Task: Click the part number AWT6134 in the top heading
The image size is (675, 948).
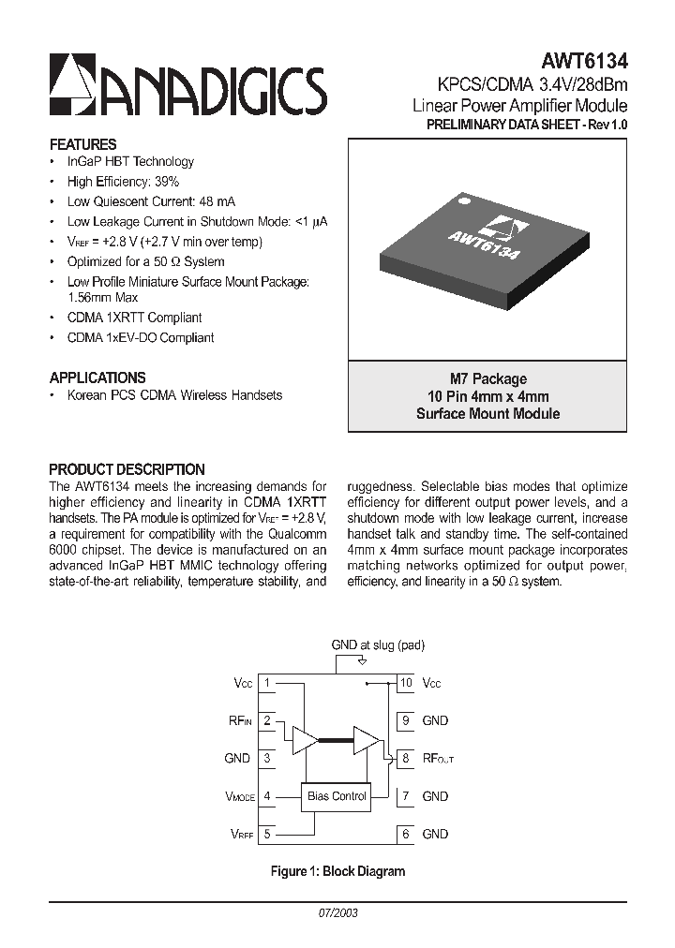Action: (x=584, y=62)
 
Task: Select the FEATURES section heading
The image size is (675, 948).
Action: (x=82, y=144)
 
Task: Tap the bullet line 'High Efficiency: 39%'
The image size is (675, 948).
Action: (x=123, y=182)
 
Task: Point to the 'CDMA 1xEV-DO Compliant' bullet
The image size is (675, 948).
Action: (x=141, y=337)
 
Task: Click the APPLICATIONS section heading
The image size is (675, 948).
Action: (x=97, y=378)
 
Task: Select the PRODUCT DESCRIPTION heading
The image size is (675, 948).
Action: (x=127, y=469)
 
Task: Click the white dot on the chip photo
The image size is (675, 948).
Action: (x=461, y=199)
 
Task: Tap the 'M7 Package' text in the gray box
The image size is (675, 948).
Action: (x=487, y=379)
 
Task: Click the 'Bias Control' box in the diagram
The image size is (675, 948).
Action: (x=337, y=796)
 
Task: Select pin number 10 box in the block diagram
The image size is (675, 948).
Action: (x=406, y=683)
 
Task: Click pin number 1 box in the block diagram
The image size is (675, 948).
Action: (x=267, y=683)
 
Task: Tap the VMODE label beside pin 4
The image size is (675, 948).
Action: (x=239, y=796)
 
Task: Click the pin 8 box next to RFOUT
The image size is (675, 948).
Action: (x=406, y=758)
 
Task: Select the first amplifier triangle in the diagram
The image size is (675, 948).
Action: (x=305, y=739)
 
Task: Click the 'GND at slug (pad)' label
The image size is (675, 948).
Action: (x=378, y=645)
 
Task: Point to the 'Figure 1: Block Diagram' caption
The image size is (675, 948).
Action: (x=337, y=871)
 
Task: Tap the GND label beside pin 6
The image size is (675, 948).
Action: (x=435, y=834)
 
